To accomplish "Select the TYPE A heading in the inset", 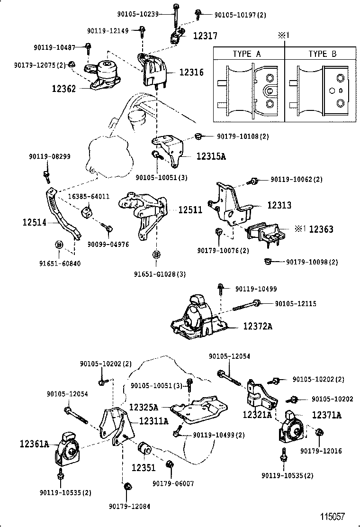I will click(x=246, y=54).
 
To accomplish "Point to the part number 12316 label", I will click(x=191, y=73).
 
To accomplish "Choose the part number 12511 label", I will click(x=190, y=209).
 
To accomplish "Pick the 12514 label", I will click(x=34, y=221).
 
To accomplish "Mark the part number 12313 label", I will click(x=279, y=206).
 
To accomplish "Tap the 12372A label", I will click(x=258, y=326).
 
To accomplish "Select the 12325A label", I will click(x=144, y=407).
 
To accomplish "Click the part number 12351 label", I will click(x=143, y=467).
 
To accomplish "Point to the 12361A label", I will click(x=35, y=444).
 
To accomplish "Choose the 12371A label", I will click(x=326, y=415).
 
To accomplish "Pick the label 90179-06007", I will click(x=173, y=483).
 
